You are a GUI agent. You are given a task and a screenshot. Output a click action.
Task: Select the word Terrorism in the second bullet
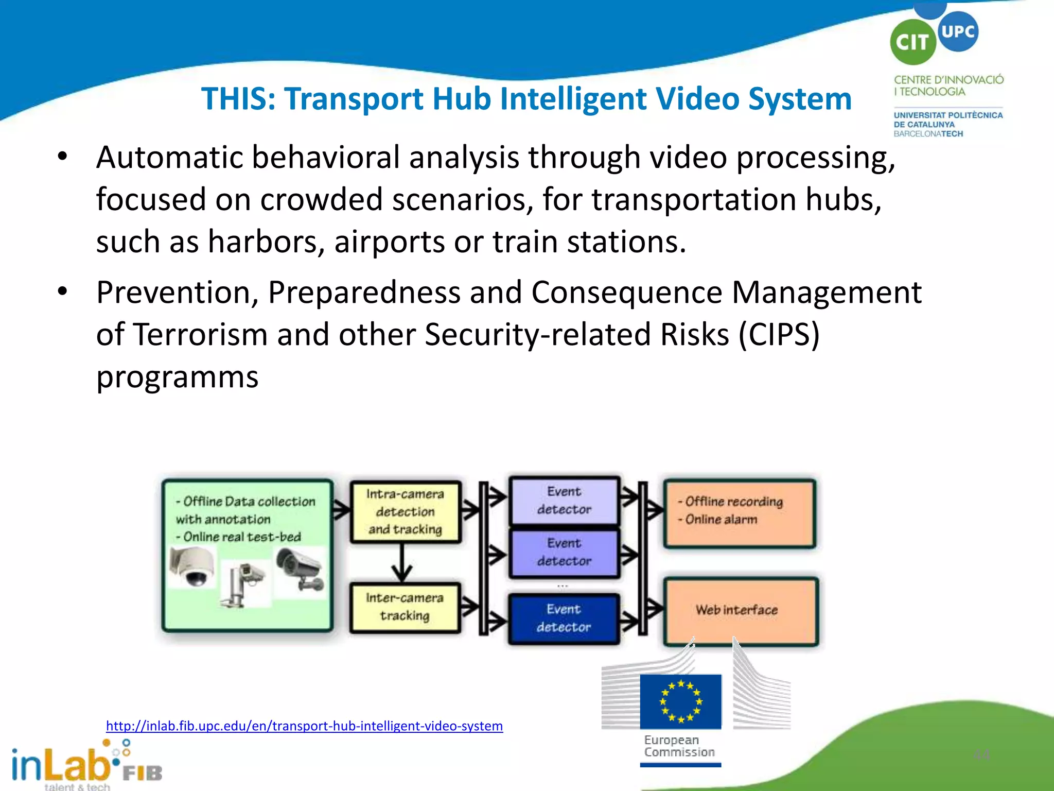[x=200, y=334]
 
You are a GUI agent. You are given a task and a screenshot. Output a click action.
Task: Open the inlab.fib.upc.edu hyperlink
[x=304, y=726]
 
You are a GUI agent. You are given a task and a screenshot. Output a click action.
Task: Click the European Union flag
[x=680, y=701]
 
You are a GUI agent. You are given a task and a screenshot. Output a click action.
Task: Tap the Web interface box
[x=740, y=611]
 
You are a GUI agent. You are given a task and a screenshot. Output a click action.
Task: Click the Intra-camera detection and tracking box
[x=405, y=512]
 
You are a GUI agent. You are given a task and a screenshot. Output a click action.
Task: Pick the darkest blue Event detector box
[x=564, y=618]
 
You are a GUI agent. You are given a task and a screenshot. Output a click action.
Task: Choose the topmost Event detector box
[x=564, y=500]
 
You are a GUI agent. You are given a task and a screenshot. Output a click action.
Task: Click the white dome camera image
[x=192, y=566]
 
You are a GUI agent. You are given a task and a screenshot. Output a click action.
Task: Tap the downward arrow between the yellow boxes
[x=401, y=562]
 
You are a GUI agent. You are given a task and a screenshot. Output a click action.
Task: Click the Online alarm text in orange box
[x=721, y=520]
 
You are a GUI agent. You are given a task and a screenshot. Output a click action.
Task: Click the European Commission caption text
[x=679, y=746]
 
